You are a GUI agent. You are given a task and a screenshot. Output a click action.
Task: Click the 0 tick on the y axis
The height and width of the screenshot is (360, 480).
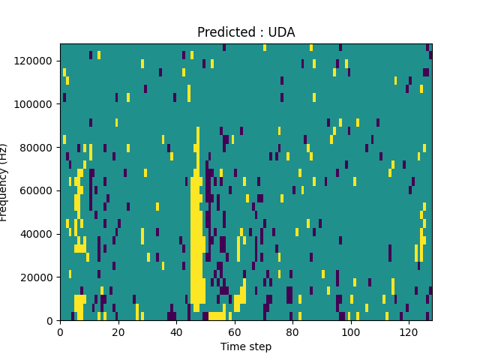click(50, 321)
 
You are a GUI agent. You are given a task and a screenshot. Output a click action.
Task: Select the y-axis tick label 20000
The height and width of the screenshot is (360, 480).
click(38, 277)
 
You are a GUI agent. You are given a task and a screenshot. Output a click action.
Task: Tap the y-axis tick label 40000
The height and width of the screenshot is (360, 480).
click(38, 234)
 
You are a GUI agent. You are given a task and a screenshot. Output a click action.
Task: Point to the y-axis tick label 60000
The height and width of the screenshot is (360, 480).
click(38, 190)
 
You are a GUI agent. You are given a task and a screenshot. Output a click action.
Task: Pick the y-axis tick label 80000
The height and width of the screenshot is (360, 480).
click(38, 147)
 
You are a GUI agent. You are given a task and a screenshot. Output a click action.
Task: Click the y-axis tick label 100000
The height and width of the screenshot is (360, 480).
click(35, 103)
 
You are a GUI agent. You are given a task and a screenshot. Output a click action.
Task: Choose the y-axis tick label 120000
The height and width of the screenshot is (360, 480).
click(35, 60)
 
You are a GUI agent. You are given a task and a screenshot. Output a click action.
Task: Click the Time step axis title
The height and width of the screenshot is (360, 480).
click(246, 346)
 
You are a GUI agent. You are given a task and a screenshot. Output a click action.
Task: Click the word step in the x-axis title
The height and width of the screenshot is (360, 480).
click(259, 347)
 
